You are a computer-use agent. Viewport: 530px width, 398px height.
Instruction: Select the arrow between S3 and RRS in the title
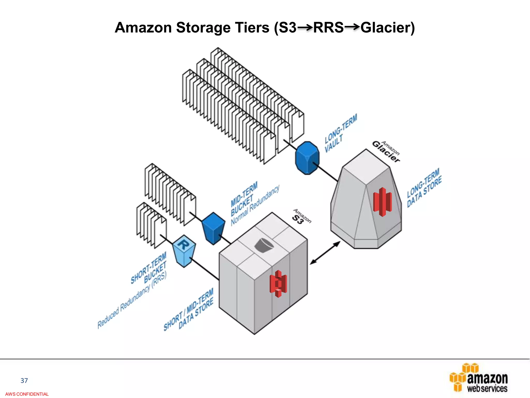(305, 27)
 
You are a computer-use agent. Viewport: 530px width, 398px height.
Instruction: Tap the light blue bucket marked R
(184, 250)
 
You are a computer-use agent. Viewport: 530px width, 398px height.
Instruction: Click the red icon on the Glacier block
(382, 202)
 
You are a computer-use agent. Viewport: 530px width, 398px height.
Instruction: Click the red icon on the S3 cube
(278, 283)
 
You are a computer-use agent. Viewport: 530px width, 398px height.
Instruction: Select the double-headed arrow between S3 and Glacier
(325, 253)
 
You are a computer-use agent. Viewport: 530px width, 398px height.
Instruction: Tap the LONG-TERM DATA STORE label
(424, 188)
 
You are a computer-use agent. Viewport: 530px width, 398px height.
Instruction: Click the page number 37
(24, 380)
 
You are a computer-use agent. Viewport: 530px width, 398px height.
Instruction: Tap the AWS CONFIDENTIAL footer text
(27, 394)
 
